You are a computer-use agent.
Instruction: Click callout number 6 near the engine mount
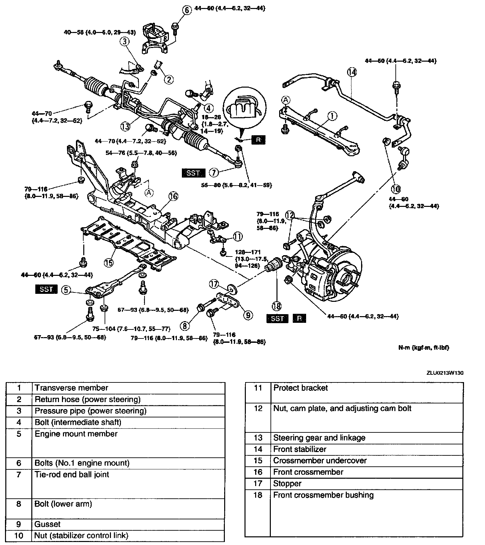pos(187,10)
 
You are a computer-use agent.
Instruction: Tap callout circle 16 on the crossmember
pos(174,197)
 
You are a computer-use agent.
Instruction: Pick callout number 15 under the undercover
pos(109,262)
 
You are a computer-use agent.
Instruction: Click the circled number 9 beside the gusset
pos(248,315)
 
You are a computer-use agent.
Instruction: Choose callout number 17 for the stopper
pos(214,284)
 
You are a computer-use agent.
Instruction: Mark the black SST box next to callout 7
pos(194,173)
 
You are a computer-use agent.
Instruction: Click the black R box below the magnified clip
pos(258,140)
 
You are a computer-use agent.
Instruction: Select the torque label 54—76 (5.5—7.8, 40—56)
pos(141,153)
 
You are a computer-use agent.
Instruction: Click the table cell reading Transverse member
pos(72,388)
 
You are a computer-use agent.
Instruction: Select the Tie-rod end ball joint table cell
pos(72,474)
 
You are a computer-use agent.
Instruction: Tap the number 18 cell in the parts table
pos(258,495)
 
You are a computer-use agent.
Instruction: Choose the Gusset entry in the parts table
pos(48,524)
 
